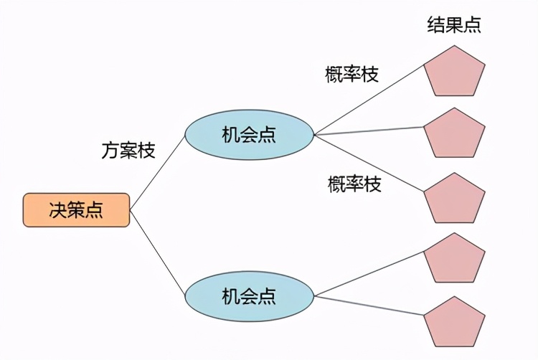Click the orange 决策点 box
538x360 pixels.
76,210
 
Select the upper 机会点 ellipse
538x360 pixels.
248,134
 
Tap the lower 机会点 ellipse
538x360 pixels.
248,295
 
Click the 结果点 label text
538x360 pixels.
454,26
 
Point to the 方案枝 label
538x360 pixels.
128,151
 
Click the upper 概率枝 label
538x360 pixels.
351,74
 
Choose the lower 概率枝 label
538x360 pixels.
354,185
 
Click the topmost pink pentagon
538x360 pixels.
454,72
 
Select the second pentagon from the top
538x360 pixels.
454,134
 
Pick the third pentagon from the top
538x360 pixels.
454,199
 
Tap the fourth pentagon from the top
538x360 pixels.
454,259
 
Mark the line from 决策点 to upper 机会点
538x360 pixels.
158,171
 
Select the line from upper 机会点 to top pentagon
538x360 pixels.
369,101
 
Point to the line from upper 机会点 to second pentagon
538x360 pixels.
369,131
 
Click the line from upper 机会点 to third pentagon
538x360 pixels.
369,164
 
